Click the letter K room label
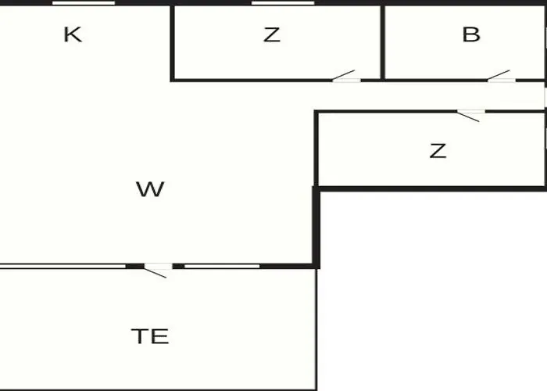pyautogui.click(x=73, y=34)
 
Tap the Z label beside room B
pyautogui.click(x=272, y=35)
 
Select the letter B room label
pyautogui.click(x=471, y=34)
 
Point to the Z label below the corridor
pyautogui.click(x=438, y=151)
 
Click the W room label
pyautogui.click(x=150, y=189)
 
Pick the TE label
pyautogui.click(x=150, y=336)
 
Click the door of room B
pyautogui.click(x=502, y=76)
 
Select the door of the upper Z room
pyautogui.click(x=346, y=76)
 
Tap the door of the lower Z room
pyautogui.click(x=471, y=116)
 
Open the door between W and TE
pyautogui.click(x=158, y=271)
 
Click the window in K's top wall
pyautogui.click(x=84, y=3)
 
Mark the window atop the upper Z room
pyautogui.click(x=283, y=3)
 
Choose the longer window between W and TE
pyautogui.click(x=63, y=267)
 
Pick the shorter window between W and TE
pyautogui.click(x=222, y=267)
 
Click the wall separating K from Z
pyautogui.click(x=172, y=43)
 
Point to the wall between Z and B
pyautogui.click(x=383, y=42)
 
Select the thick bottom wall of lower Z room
pyautogui.click(x=431, y=189)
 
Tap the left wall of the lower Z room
pyautogui.click(x=316, y=149)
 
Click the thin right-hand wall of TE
pyautogui.click(x=316, y=329)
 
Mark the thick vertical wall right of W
pyautogui.click(x=316, y=228)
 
